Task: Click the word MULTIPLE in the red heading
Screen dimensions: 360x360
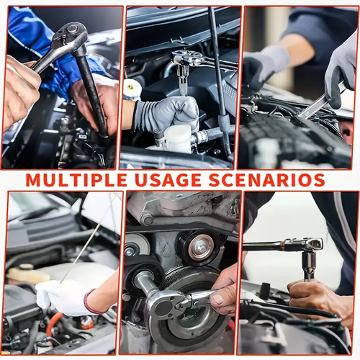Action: (76, 180)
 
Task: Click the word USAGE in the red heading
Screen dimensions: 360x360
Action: (168, 180)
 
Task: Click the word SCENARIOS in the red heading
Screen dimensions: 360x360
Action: (266, 180)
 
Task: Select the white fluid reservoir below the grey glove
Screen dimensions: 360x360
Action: (178, 138)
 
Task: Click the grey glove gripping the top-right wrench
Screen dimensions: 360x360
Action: (341, 74)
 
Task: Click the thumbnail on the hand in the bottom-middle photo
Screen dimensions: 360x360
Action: (218, 299)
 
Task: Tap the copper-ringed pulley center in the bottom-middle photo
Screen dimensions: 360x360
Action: (201, 247)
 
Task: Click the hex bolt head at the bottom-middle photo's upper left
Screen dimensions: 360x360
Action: (147, 219)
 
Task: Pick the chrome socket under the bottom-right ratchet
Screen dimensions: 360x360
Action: (309, 265)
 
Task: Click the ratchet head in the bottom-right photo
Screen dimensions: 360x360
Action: (310, 244)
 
